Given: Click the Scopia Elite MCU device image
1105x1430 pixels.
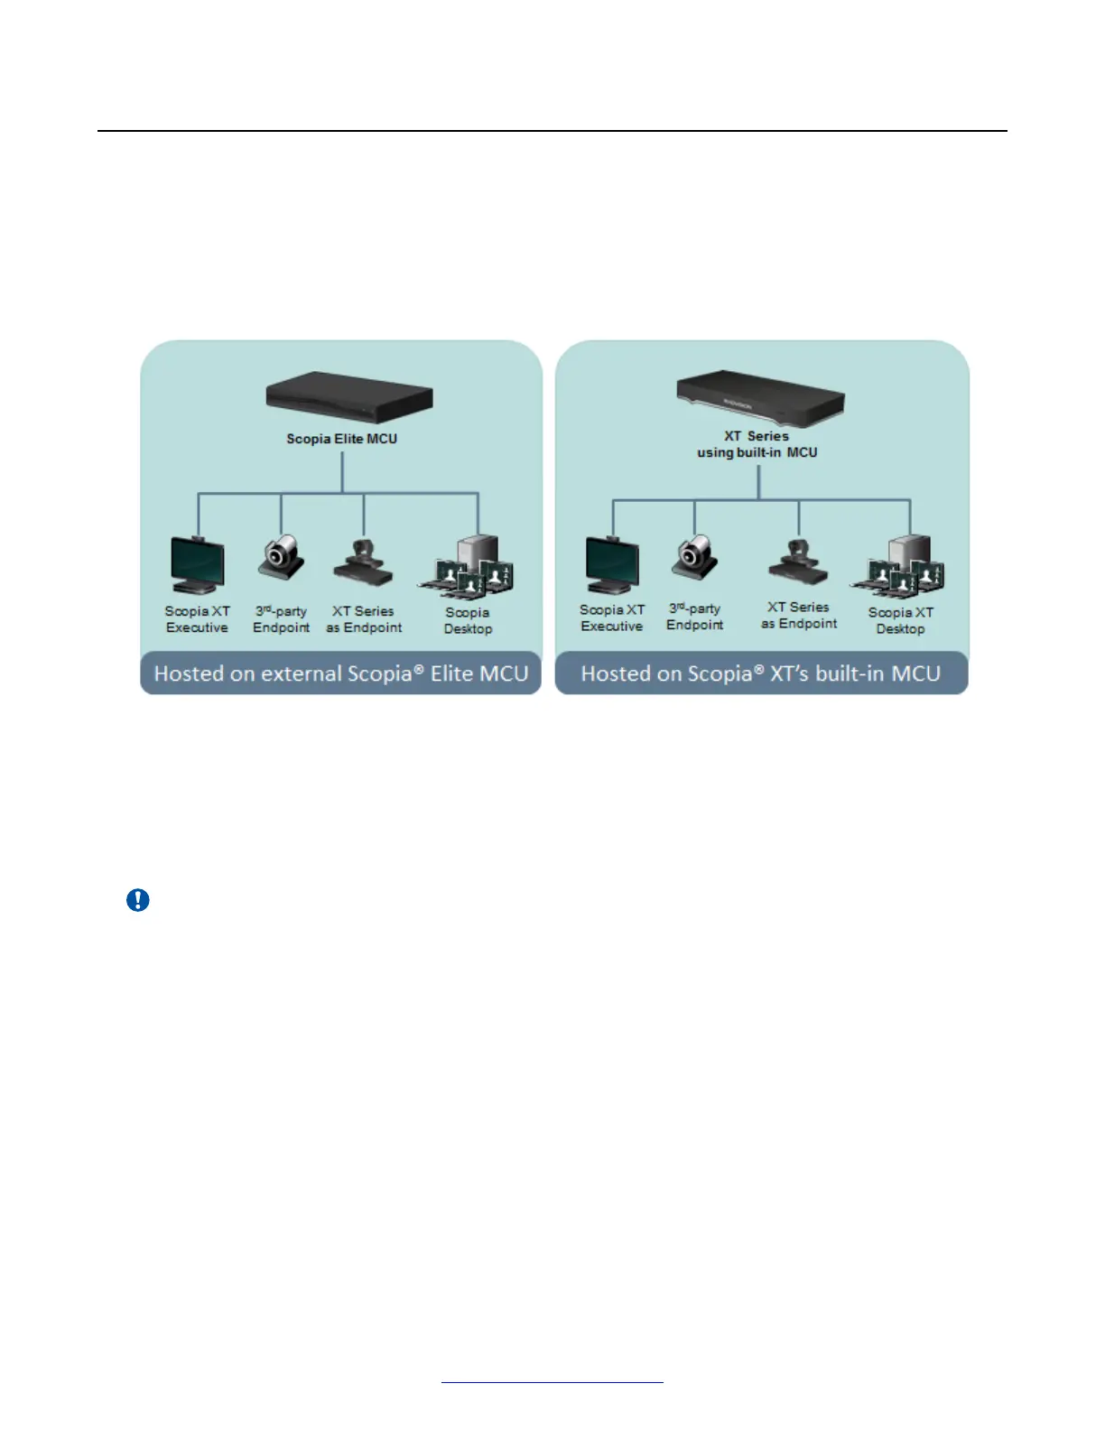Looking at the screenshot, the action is pos(349,398).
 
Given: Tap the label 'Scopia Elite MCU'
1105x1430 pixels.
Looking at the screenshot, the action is pos(341,439).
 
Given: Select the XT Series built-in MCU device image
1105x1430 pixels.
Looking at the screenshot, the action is pos(760,396).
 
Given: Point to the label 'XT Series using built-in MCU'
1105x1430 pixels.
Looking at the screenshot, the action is pos(757,444).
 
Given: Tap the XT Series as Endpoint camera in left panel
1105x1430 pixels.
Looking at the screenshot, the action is pos(363,563).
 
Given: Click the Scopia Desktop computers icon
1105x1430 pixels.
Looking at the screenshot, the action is pos(468,568).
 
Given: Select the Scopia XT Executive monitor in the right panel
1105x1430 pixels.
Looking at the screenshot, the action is pos(612,564).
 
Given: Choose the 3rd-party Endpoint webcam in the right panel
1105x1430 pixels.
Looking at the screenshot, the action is pos(694,557).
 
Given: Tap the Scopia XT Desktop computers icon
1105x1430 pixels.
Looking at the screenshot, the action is pos(900,568).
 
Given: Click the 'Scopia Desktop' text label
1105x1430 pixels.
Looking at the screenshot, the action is pos(468,620).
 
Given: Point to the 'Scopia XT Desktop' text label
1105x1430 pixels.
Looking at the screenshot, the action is pos(900,620).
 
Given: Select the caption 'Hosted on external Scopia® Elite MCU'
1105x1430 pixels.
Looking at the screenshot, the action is pos(340,673).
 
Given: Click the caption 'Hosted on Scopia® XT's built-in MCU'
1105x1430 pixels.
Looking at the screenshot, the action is pos(760,673).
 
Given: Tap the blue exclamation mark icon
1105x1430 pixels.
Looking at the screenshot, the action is pos(138,900).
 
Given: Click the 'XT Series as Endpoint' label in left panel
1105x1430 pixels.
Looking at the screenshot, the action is pos(364,619).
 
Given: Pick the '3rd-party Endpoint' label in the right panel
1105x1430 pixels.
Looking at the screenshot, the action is pos(694,617).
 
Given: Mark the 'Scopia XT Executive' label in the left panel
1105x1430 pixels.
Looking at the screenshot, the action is pos(197,619).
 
